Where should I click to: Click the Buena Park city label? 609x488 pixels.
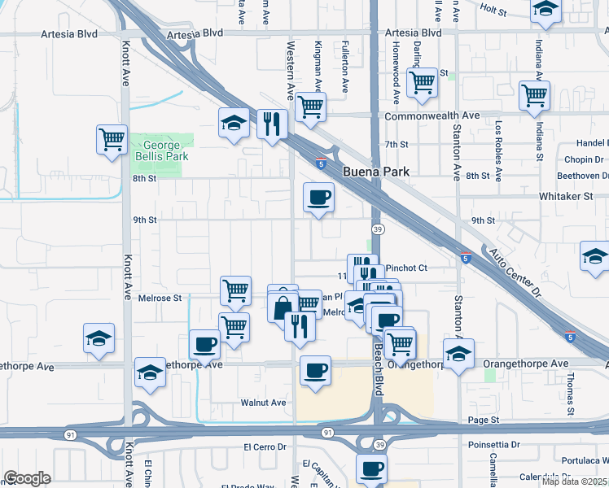click(x=375, y=172)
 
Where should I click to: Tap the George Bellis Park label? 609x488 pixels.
click(x=162, y=150)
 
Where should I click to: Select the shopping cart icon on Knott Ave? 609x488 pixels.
click(x=112, y=138)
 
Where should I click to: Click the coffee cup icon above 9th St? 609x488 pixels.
click(x=318, y=197)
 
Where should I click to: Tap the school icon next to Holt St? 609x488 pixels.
click(x=545, y=11)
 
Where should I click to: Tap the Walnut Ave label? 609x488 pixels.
click(x=263, y=403)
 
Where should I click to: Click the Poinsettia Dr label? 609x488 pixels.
click(x=494, y=445)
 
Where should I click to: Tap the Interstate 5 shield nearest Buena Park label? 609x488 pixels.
click(x=322, y=163)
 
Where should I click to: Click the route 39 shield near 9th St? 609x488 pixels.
click(x=378, y=230)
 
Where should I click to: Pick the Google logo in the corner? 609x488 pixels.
click(x=27, y=478)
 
